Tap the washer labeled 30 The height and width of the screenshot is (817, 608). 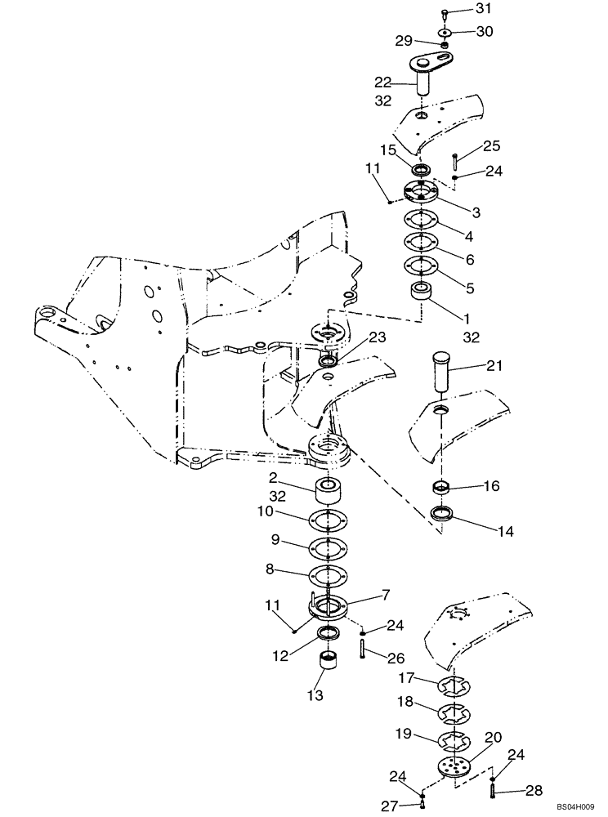click(x=444, y=33)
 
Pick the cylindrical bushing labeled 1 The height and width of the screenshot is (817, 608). click(x=422, y=291)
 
